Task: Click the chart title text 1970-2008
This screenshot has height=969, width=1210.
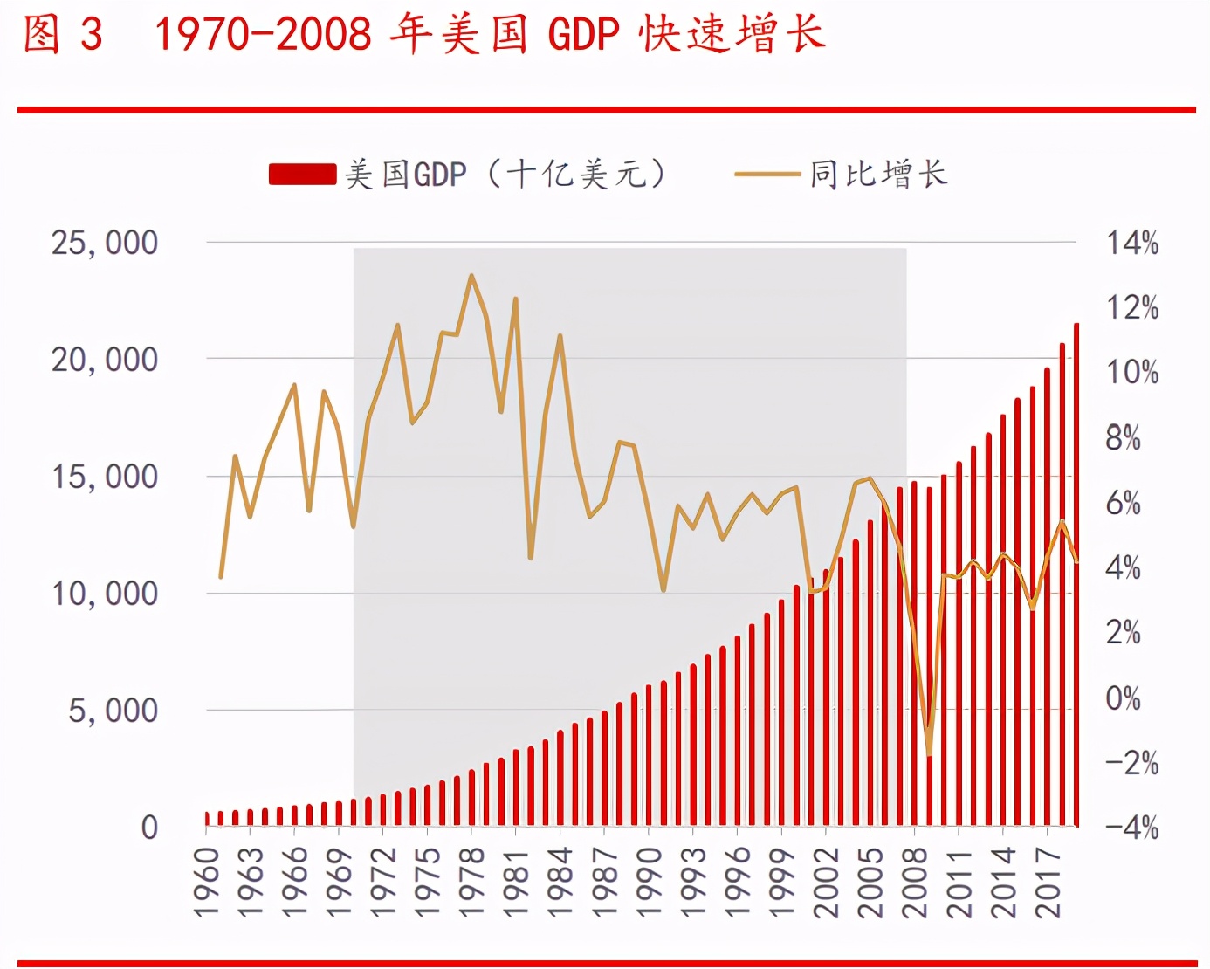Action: click(262, 35)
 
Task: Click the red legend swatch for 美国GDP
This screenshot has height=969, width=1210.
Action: click(302, 175)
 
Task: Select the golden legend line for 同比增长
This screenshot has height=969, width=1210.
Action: click(767, 175)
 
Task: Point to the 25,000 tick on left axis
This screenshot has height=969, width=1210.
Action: click(105, 243)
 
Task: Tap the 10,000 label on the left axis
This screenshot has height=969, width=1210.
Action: click(105, 594)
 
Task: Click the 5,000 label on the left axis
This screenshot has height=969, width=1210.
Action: click(113, 711)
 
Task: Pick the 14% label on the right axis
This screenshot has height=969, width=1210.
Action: click(1132, 243)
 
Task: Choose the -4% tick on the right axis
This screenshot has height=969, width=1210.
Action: click(1131, 828)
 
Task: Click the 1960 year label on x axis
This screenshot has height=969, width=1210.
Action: click(206, 882)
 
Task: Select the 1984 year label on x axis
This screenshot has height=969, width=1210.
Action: click(560, 882)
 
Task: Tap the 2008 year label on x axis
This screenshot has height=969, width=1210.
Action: click(914, 882)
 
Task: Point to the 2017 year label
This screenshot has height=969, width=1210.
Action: click(1048, 882)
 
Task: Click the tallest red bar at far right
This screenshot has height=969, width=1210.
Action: click(1076, 576)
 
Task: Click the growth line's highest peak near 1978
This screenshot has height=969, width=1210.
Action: click(471, 277)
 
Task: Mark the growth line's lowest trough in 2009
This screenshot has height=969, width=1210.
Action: click(929, 753)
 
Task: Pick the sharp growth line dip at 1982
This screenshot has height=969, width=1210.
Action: click(531, 556)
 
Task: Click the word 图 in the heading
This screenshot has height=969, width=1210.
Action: click(41, 35)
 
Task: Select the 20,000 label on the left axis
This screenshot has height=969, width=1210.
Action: click(105, 360)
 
